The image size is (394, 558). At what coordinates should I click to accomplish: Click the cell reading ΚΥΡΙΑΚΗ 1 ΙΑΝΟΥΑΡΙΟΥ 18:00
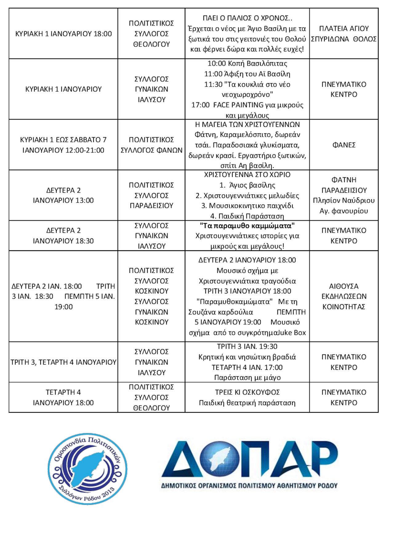point(63,34)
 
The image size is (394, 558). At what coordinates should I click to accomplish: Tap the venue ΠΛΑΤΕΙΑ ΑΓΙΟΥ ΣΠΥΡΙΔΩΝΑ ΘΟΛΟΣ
point(344,34)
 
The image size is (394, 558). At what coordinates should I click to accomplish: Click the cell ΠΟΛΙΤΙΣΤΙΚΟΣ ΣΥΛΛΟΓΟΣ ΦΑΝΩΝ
point(151,145)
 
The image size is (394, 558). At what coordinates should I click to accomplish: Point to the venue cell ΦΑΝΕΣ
point(344,145)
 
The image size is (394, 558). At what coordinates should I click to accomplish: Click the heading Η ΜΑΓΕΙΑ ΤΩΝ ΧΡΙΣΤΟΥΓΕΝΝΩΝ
point(247,124)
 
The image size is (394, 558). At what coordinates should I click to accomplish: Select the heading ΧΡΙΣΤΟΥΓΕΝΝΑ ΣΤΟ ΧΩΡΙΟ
point(247,175)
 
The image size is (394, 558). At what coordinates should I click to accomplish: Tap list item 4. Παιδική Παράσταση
point(247,216)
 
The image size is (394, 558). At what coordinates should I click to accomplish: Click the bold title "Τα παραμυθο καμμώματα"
point(247,226)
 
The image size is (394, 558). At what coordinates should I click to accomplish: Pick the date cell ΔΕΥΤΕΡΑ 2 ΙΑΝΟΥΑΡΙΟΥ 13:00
point(63,195)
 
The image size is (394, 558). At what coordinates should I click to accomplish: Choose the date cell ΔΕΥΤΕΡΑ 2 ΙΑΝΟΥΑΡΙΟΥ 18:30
point(63,236)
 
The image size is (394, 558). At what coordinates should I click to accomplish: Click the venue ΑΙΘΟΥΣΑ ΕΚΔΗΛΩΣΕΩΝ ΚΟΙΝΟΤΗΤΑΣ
point(344,296)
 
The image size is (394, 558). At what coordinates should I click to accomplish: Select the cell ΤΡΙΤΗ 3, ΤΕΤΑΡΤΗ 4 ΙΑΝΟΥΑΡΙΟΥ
point(63,362)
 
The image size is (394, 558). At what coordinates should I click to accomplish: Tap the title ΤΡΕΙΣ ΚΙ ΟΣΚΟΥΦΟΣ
point(247,392)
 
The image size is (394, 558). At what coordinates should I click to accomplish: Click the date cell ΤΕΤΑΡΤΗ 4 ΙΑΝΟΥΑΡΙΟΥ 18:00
point(63,397)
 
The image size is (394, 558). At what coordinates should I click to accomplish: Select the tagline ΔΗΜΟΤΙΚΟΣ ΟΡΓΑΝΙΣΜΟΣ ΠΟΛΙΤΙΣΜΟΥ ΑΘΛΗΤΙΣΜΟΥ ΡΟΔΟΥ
point(249,486)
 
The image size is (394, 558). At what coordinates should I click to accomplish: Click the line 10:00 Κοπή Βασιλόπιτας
point(247,64)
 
